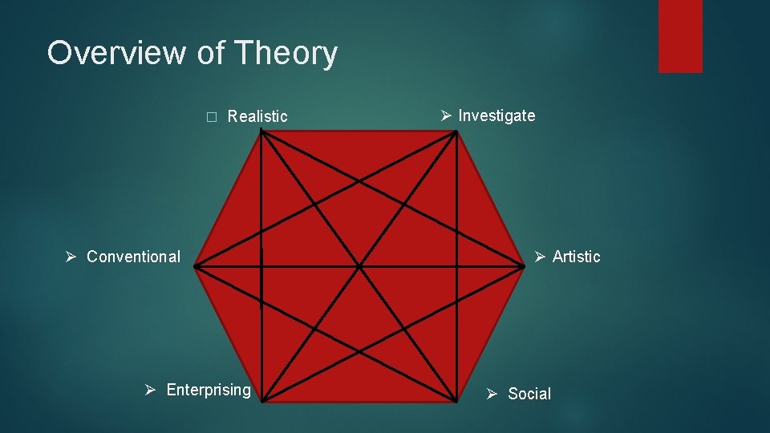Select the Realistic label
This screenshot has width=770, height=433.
pos(257,116)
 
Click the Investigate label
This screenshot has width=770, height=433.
pos(496,115)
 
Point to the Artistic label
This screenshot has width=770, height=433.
pos(576,257)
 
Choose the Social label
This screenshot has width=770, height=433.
pos(529,394)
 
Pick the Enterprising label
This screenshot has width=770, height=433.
pos(209,390)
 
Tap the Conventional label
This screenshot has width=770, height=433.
pos(133,257)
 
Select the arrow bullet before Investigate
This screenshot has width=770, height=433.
pos(447,115)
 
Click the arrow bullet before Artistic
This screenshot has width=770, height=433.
pos(541,257)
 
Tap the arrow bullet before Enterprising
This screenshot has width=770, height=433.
pos(150,391)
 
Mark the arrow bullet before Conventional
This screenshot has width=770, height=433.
pos(71,257)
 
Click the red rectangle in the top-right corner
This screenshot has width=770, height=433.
pos(680,36)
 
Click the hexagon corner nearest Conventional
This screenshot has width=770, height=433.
pos(194,265)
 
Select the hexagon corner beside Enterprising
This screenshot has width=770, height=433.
pos(262,399)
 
